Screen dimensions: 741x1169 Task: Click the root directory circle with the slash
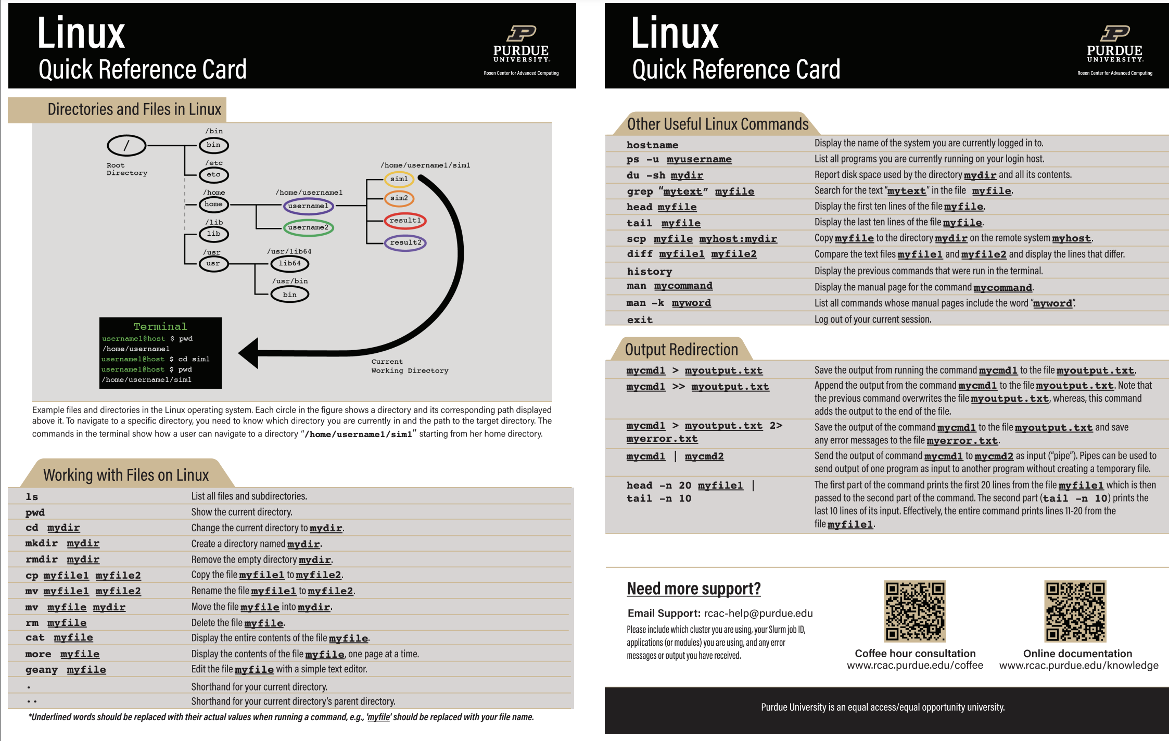(x=126, y=146)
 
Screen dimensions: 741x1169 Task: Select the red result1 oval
(x=405, y=221)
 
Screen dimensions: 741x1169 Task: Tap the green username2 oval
(x=308, y=227)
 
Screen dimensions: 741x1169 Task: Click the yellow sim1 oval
(x=399, y=179)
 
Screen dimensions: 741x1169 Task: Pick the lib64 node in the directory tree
(x=289, y=263)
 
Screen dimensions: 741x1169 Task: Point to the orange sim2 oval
(x=399, y=198)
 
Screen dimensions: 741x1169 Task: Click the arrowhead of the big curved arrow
(x=249, y=353)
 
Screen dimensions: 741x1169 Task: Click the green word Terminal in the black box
(x=160, y=326)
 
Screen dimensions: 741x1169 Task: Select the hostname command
(x=652, y=145)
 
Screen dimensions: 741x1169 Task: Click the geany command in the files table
(x=42, y=670)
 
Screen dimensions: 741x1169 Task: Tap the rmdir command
(x=42, y=559)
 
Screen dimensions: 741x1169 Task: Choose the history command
(x=649, y=271)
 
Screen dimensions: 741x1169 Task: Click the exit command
(x=640, y=320)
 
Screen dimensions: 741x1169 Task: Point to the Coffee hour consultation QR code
(x=914, y=611)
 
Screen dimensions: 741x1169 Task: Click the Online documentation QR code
(x=1075, y=611)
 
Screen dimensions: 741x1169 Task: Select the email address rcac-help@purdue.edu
(x=758, y=614)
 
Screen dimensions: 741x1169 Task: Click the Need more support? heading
(x=693, y=589)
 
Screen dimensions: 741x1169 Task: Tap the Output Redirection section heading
(x=681, y=350)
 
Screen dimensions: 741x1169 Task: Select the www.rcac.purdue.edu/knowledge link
(x=1078, y=666)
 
